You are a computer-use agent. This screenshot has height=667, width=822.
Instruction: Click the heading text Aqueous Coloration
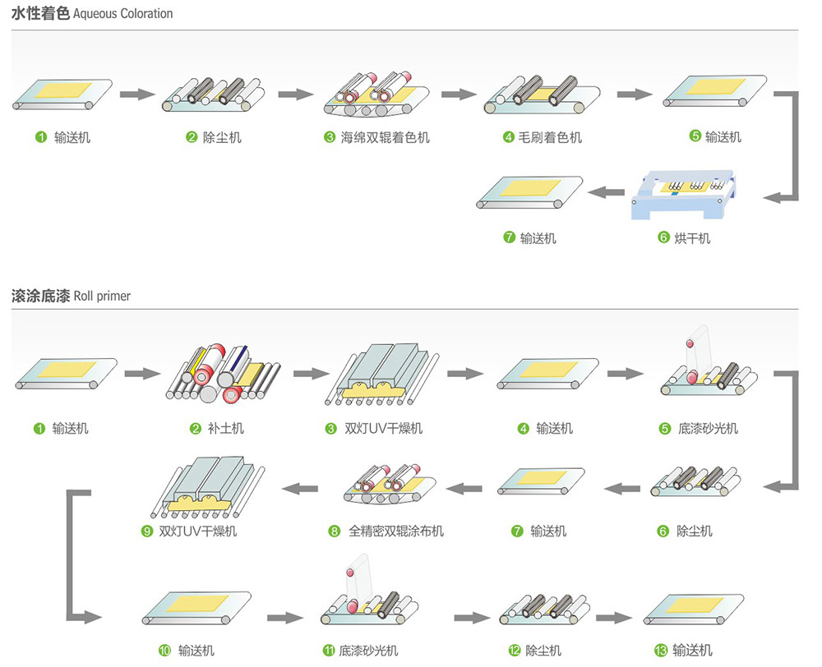point(123,14)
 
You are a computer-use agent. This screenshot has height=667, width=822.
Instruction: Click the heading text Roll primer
point(102,296)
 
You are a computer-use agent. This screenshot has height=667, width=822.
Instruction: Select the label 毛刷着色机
point(552,138)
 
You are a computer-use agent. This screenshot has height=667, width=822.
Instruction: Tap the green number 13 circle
point(660,651)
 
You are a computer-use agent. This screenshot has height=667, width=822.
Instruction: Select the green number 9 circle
point(147,531)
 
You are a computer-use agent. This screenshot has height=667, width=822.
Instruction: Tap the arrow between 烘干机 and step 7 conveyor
point(609,192)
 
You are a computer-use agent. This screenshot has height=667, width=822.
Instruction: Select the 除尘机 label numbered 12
point(543,651)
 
